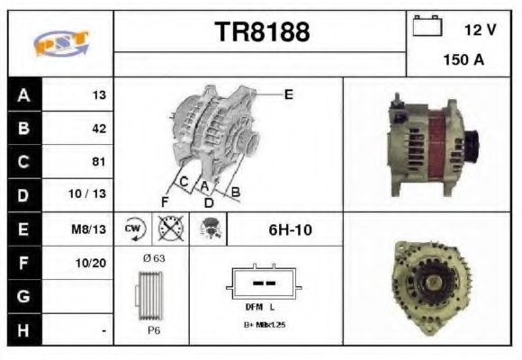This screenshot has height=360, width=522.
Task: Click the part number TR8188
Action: click(x=262, y=32)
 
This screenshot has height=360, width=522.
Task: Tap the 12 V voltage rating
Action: click(x=480, y=30)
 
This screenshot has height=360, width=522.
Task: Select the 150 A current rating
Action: click(x=463, y=61)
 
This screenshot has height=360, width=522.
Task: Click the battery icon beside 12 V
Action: click(x=427, y=27)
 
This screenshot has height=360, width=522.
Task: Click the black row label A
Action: click(x=23, y=94)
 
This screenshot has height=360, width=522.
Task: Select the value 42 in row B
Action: click(x=98, y=128)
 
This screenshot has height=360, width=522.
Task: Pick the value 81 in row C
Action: click(x=98, y=161)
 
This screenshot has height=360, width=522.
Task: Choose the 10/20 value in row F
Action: click(x=92, y=262)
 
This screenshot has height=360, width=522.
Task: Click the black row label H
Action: click(x=23, y=329)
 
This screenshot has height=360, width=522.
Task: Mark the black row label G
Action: click(x=23, y=296)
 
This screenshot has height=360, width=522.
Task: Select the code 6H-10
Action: click(x=290, y=229)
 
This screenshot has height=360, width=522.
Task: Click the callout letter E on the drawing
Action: click(x=288, y=94)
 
